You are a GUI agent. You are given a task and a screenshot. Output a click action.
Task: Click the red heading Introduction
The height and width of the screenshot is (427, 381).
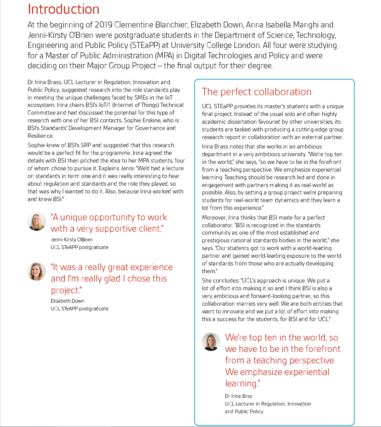[63, 9]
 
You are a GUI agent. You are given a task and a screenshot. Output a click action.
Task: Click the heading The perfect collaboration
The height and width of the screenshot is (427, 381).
[257, 92]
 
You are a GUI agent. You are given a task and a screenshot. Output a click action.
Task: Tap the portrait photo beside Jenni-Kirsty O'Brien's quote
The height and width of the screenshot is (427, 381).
[37, 222]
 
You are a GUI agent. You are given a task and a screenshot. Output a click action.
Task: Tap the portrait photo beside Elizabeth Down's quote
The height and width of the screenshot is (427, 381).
[37, 271]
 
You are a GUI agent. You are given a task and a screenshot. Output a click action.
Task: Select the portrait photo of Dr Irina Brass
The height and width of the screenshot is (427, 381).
[211, 342]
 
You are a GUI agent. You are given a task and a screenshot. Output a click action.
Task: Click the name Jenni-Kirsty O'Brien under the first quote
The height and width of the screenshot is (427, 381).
[72, 240]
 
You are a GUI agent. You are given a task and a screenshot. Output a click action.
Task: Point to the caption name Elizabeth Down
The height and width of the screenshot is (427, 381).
[67, 301]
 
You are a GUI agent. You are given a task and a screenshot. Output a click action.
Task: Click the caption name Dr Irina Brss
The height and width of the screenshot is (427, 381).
[238, 396]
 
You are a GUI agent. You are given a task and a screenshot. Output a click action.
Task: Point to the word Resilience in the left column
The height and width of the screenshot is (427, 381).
[40, 136]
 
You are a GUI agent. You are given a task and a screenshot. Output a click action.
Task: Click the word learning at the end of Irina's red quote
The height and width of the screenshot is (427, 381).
[241, 383]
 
